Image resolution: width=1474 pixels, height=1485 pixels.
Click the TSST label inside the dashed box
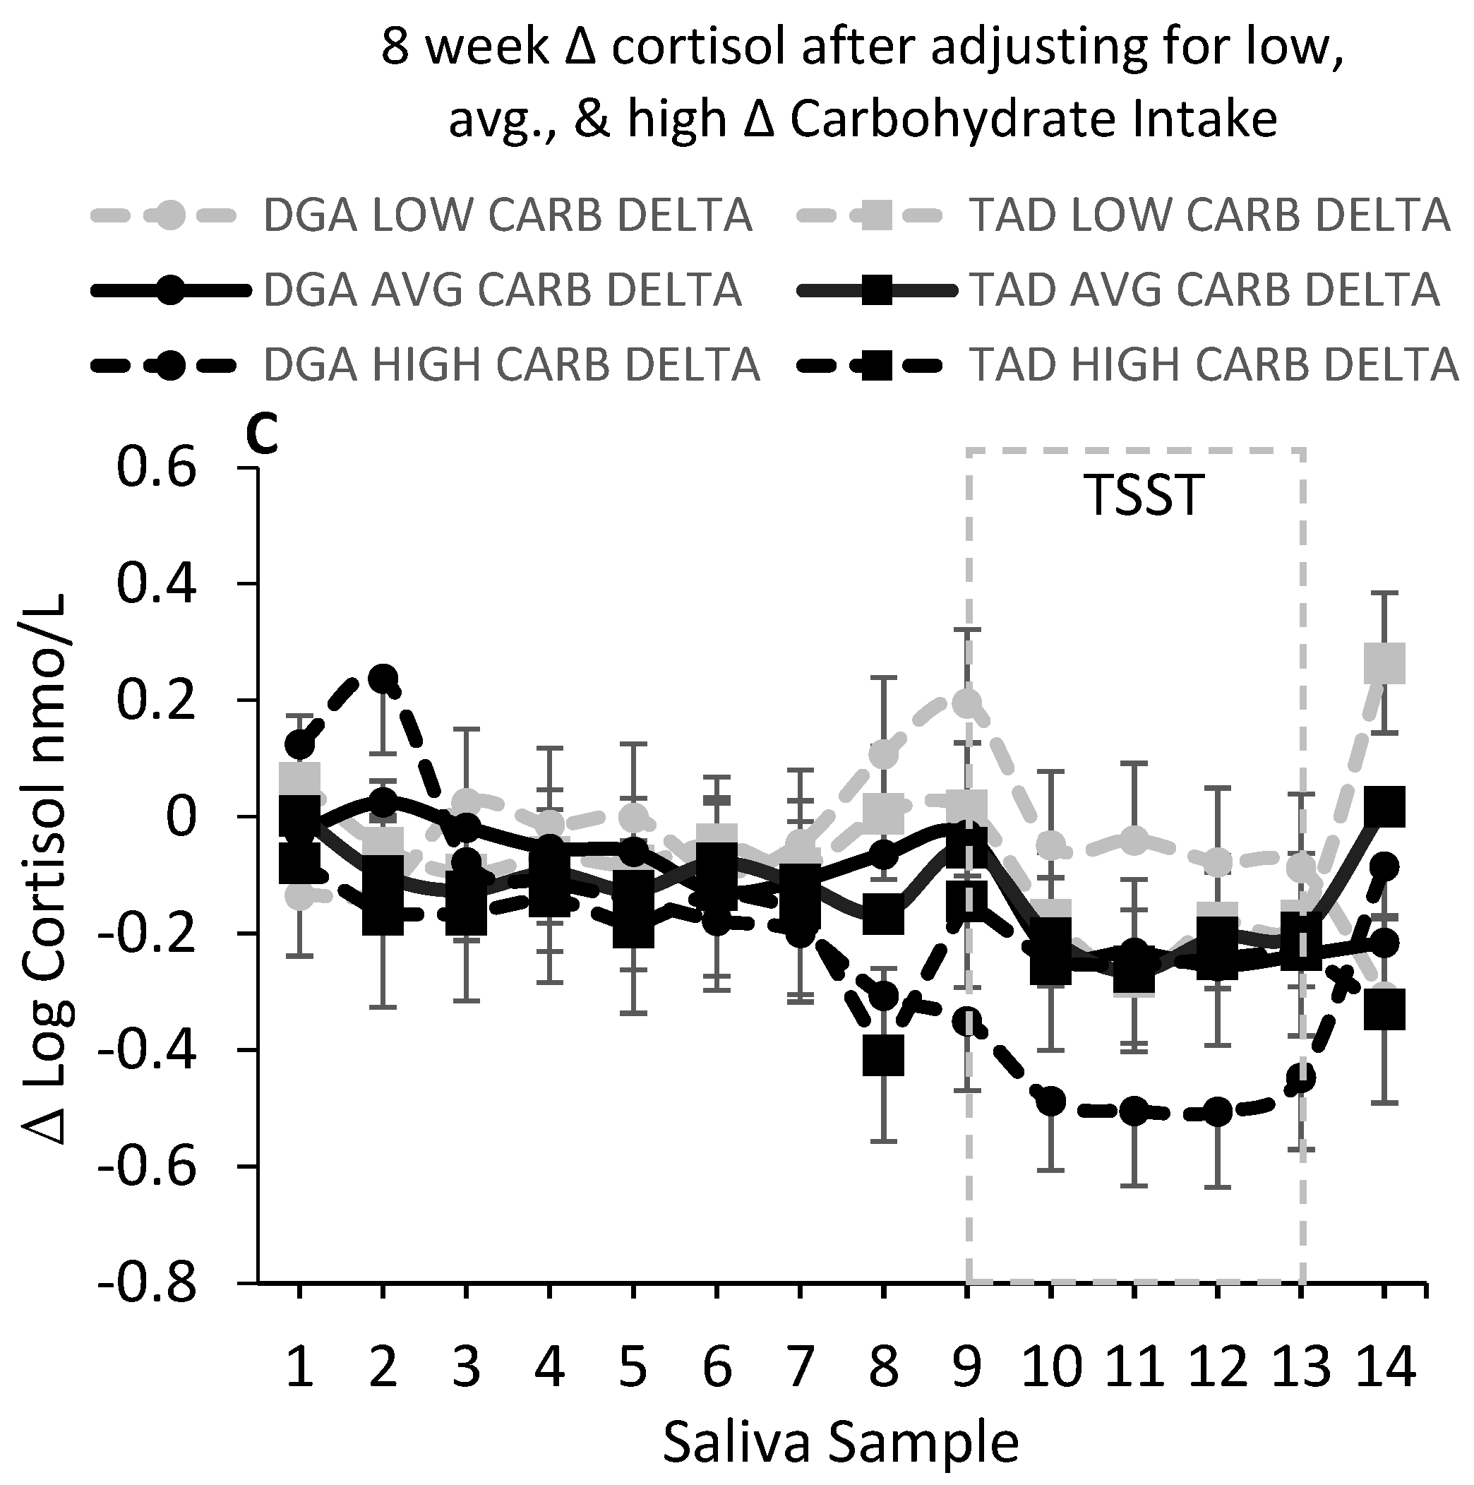[x=1143, y=496]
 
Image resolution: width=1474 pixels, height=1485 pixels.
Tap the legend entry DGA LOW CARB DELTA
[x=507, y=216]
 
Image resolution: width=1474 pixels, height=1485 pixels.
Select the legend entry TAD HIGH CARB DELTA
[x=1213, y=364]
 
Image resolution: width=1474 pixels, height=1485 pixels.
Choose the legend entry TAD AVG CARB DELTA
[x=1204, y=290]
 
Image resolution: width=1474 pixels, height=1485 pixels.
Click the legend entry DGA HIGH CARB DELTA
[x=511, y=364]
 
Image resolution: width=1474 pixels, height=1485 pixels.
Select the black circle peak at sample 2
[x=383, y=678]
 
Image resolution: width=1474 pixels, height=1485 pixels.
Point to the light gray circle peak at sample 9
[x=967, y=703]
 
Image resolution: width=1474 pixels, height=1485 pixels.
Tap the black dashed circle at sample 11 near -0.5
[x=1134, y=1111]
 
